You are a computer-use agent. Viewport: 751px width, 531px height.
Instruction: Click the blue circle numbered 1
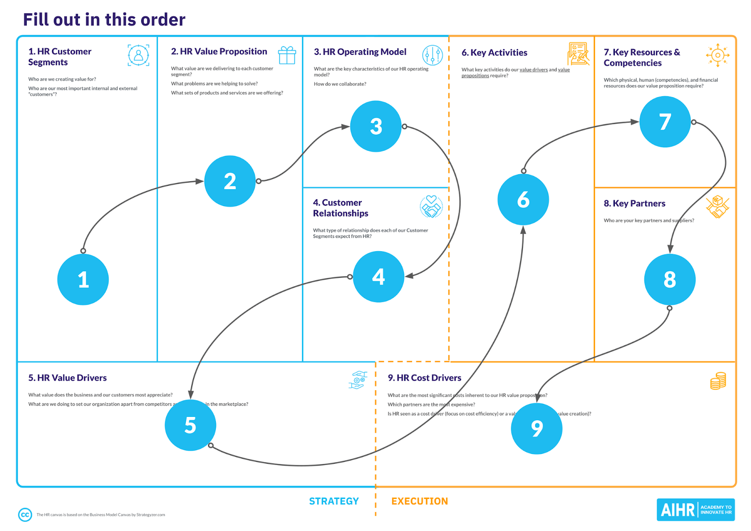[83, 279]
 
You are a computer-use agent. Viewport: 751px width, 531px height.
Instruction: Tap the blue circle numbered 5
[190, 425]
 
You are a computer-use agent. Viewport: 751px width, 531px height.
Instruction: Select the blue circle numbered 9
[536, 428]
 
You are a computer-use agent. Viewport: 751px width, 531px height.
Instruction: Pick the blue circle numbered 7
[665, 122]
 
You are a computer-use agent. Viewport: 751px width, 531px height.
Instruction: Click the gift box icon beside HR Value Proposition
[287, 55]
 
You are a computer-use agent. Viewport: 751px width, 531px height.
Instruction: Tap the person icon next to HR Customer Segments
[138, 55]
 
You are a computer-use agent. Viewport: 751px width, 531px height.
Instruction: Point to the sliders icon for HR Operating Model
[432, 55]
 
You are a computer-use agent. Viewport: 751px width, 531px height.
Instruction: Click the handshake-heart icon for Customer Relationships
[431, 207]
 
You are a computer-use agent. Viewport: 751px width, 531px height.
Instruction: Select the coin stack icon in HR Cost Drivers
[718, 381]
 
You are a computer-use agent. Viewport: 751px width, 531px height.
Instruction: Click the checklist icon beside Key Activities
[578, 54]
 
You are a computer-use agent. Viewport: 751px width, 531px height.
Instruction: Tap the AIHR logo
[695, 509]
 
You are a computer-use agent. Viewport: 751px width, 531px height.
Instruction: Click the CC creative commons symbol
[25, 515]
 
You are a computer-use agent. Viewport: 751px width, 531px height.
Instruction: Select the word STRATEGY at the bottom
[334, 501]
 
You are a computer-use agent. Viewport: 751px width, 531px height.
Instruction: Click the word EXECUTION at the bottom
[420, 501]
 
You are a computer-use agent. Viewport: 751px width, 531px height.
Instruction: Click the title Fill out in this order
[104, 20]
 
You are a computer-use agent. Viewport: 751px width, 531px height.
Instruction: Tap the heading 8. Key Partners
[634, 203]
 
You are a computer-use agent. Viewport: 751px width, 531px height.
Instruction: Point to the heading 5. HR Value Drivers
[67, 378]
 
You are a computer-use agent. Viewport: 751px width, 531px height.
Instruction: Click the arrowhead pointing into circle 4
[409, 276]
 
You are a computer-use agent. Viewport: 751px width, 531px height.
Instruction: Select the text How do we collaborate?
[340, 84]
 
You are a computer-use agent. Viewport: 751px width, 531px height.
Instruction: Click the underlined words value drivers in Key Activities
[533, 69]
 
